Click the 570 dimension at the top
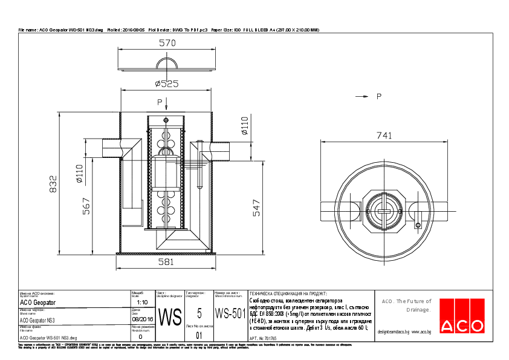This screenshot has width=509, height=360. pyautogui.click(x=167, y=43)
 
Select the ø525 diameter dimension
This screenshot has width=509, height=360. pyautogui.click(x=166, y=83)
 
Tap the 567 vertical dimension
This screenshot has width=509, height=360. pyautogui.click(x=86, y=206)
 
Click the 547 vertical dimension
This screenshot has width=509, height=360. pyautogui.click(x=256, y=208)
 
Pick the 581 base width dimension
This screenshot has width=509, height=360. pyautogui.click(x=166, y=262)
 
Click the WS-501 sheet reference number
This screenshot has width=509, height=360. pyautogui.click(x=230, y=313)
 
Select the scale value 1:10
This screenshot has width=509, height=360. pyautogui.click(x=143, y=301)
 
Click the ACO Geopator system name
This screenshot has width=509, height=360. pyautogui.click(x=37, y=302)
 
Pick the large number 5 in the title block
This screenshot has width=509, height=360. pyautogui.click(x=199, y=313)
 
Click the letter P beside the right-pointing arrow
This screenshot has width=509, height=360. pyautogui.click(x=378, y=96)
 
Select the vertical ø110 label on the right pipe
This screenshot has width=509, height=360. pyautogui.click(x=244, y=125)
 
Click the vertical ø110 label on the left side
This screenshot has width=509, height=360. pyautogui.click(x=79, y=174)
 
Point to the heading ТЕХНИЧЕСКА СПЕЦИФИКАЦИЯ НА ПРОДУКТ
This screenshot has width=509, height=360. pyautogui.click(x=288, y=292)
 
